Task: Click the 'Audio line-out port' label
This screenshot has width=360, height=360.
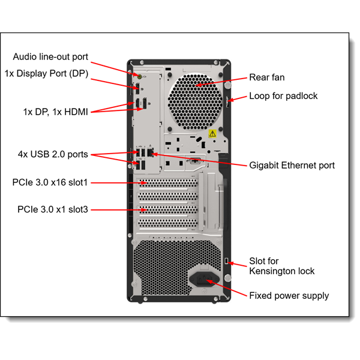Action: click(x=50, y=57)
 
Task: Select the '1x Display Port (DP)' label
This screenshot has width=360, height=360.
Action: click(x=46, y=73)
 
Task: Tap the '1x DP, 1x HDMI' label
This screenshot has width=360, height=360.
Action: click(x=55, y=111)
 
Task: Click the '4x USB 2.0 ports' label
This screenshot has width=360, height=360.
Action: click(x=53, y=154)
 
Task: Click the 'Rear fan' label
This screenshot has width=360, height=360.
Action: click(x=267, y=77)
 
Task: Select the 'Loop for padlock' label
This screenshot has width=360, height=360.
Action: click(x=283, y=96)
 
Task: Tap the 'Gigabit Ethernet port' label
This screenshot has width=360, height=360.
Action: click(x=292, y=165)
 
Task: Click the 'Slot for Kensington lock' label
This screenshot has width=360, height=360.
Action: click(x=281, y=266)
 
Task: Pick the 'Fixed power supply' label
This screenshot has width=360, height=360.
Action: click(x=289, y=295)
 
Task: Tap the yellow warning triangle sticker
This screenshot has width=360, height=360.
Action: click(x=212, y=134)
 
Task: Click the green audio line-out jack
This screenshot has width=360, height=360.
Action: click(x=140, y=76)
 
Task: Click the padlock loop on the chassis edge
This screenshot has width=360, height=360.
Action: click(x=228, y=102)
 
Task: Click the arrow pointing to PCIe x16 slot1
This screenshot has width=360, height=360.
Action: click(x=119, y=182)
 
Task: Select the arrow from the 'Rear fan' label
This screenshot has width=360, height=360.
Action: click(x=221, y=81)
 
